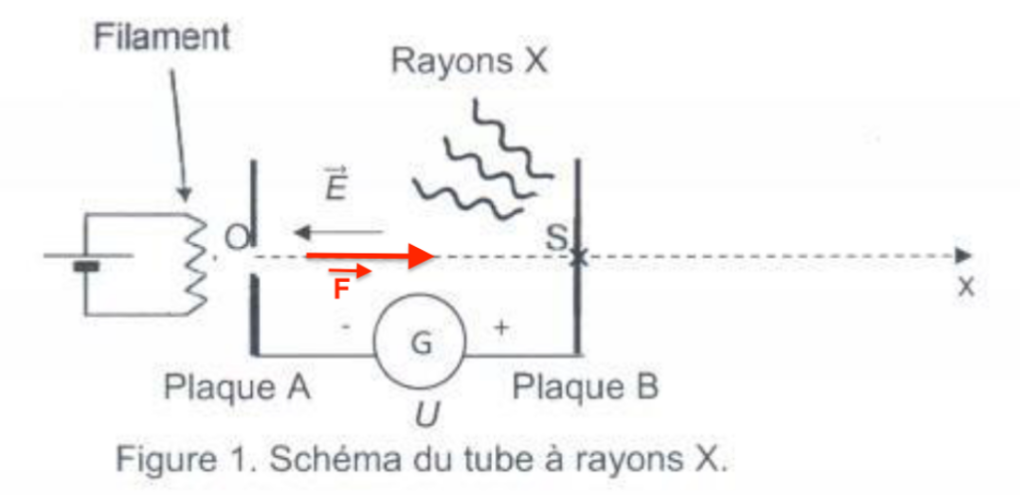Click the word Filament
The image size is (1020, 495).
point(161,39)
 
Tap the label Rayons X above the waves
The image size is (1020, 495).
point(469,60)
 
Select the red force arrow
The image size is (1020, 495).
point(370,256)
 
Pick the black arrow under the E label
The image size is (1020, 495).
point(338,233)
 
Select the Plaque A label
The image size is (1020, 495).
point(237,388)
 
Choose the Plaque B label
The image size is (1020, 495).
point(585,387)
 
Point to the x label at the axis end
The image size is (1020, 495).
point(965,287)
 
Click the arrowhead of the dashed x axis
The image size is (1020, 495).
point(961,256)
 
